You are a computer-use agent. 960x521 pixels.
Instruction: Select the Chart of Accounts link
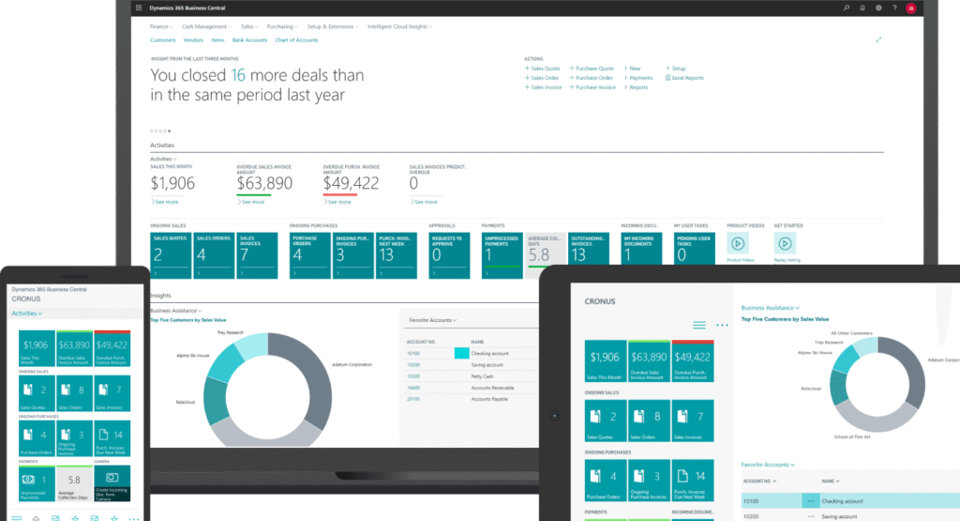coord(295,40)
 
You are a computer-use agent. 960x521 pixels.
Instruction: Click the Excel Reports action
coord(687,78)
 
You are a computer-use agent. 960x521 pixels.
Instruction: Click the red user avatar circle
coord(910,8)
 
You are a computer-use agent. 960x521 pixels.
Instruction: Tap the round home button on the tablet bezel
coord(555,413)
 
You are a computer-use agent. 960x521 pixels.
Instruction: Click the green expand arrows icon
coord(878,39)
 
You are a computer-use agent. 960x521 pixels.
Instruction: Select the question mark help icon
coord(894,8)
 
